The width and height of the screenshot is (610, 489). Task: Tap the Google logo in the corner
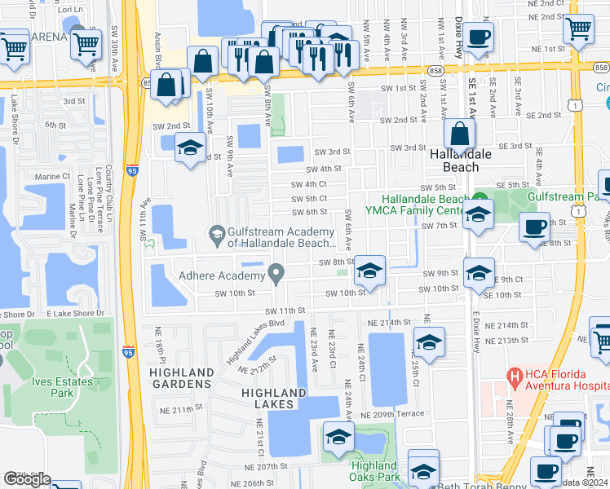(x=27, y=479)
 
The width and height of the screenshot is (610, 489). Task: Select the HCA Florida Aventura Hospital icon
(x=515, y=377)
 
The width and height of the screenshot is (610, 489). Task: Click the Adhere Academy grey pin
(x=277, y=272)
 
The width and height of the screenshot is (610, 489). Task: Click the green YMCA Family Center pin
(x=480, y=197)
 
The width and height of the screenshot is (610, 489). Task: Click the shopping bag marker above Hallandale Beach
(x=460, y=134)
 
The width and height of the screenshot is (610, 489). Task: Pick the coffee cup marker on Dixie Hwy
(x=480, y=37)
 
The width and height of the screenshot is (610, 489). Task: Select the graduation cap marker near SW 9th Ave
(x=190, y=148)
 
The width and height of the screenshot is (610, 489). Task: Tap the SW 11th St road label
(x=284, y=311)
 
